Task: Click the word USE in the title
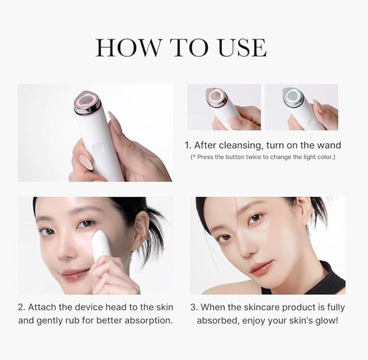click(243, 48)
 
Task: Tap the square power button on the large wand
click(98, 149)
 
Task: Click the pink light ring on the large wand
click(88, 100)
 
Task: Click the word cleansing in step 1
click(239, 145)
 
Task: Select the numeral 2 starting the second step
click(21, 307)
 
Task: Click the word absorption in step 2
click(149, 320)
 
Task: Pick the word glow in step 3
click(327, 320)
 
